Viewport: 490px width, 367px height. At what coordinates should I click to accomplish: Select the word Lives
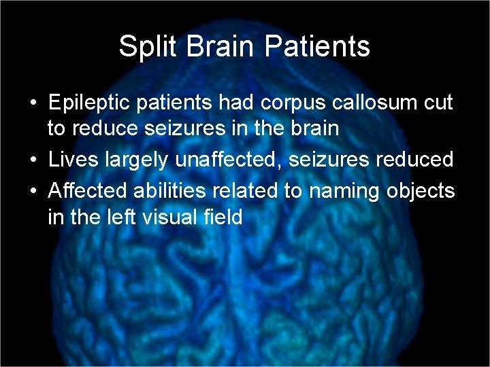70,160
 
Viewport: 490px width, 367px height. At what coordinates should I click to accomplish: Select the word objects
422,192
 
